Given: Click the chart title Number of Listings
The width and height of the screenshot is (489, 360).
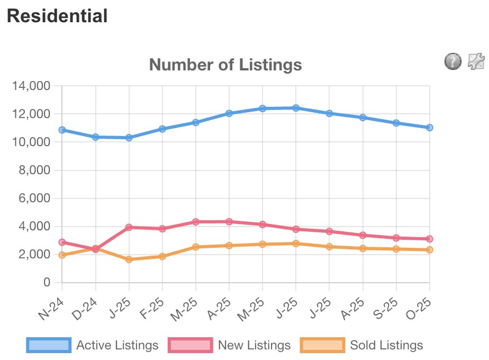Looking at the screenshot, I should (225, 65).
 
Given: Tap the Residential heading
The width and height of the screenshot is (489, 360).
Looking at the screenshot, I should (57, 16).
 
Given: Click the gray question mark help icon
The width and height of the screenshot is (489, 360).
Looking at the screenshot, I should (452, 62).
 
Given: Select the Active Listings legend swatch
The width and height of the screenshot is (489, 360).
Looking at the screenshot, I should (48, 345).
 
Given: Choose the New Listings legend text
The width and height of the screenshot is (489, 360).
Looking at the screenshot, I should (254, 345).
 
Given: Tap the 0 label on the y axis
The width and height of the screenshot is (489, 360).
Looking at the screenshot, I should (47, 283).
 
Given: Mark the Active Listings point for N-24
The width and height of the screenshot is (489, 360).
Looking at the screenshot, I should (62, 130).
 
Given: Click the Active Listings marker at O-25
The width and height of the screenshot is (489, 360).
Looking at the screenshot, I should (429, 128).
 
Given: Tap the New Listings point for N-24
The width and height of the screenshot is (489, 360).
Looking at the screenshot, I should (62, 242).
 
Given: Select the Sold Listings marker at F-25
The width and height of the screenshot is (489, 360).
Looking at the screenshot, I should (162, 256).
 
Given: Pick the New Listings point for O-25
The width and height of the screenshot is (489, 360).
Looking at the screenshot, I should (429, 239).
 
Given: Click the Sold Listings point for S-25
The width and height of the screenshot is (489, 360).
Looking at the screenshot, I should (396, 249).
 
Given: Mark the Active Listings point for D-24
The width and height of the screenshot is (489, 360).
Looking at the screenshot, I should (95, 137).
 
